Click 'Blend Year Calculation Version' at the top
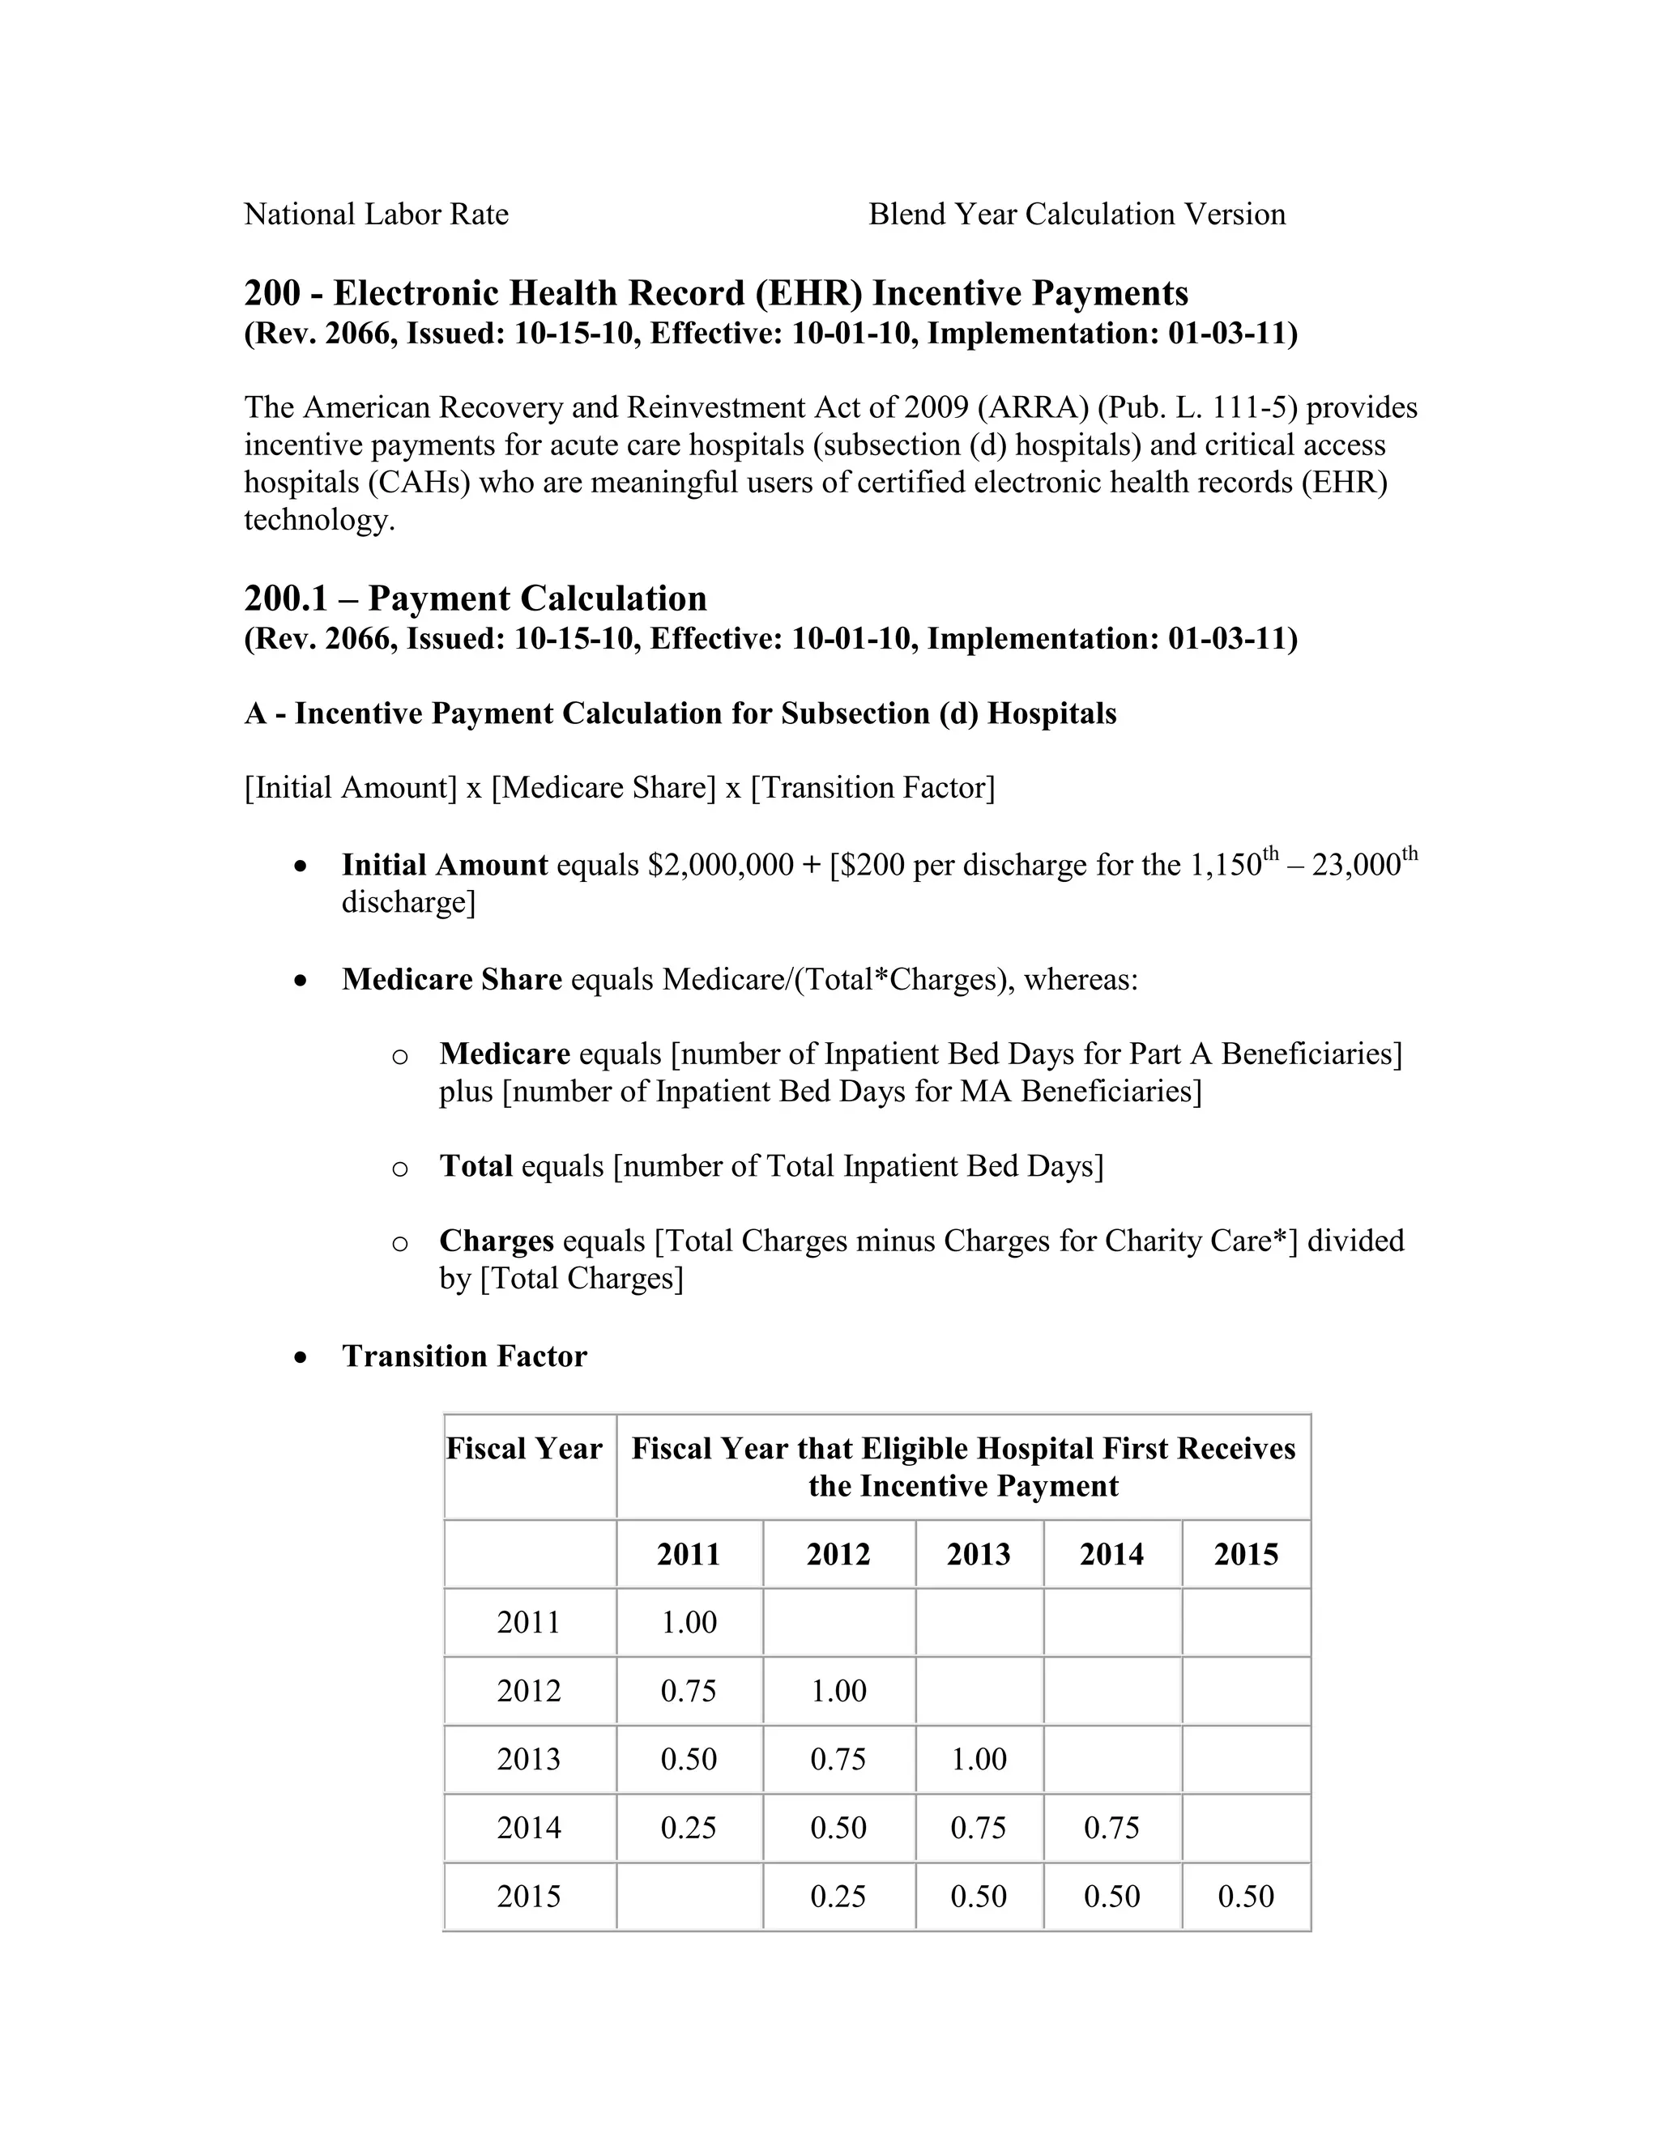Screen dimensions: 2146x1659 (x=1077, y=215)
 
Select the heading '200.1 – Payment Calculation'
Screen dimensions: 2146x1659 (x=475, y=598)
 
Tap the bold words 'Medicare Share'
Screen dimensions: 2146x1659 (x=451, y=980)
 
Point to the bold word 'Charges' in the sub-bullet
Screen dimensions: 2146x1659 (x=497, y=1241)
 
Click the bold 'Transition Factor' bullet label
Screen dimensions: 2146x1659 (x=464, y=1356)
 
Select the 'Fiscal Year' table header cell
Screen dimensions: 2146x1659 (x=524, y=1449)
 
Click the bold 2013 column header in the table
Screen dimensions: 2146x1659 (x=978, y=1555)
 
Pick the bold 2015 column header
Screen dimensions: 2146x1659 (x=1245, y=1555)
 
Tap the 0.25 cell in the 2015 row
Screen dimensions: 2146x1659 (x=838, y=1896)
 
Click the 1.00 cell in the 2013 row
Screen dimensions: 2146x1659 (x=978, y=1759)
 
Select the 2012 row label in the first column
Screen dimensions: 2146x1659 (x=528, y=1691)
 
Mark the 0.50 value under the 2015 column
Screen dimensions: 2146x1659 (x=1245, y=1896)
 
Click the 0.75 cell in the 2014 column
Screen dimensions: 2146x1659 (x=1111, y=1828)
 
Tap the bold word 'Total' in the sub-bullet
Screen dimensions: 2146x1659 (x=476, y=1166)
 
